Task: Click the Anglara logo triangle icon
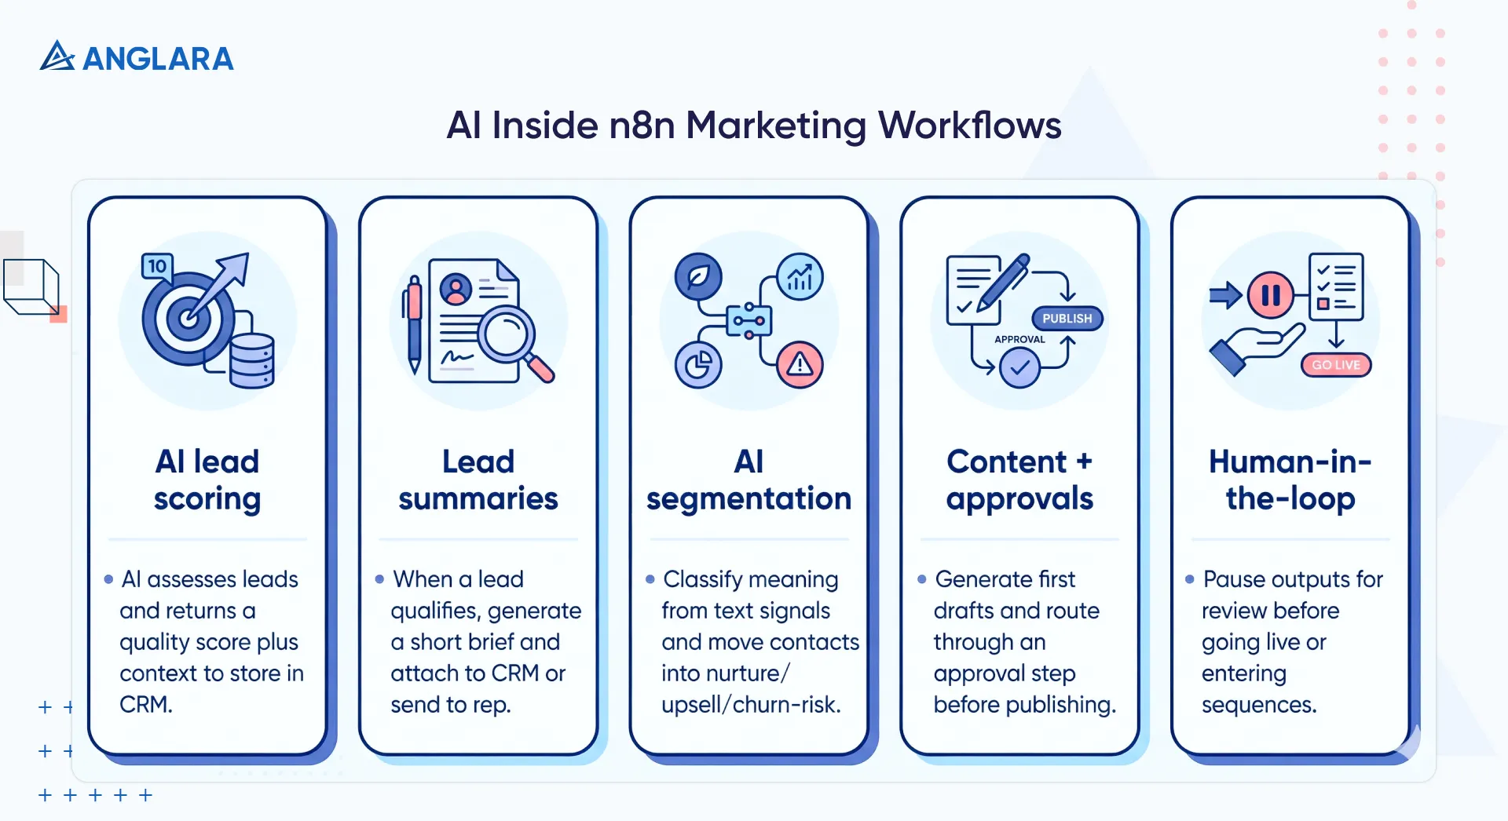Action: click(57, 57)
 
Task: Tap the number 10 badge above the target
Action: click(157, 266)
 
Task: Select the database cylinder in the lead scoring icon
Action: click(251, 360)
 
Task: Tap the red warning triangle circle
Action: click(800, 364)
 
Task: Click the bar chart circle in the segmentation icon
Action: click(800, 277)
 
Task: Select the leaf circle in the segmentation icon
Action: click(697, 276)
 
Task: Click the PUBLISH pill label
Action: click(1067, 318)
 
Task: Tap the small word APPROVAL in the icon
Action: click(1019, 339)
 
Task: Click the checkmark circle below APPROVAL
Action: click(1019, 367)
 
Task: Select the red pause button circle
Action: click(1270, 295)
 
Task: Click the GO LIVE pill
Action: click(1335, 365)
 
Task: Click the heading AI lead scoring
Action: click(207, 480)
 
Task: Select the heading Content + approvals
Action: click(1019, 480)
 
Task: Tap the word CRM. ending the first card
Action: click(146, 704)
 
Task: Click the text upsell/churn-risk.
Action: click(751, 704)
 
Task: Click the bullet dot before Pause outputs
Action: click(1189, 579)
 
